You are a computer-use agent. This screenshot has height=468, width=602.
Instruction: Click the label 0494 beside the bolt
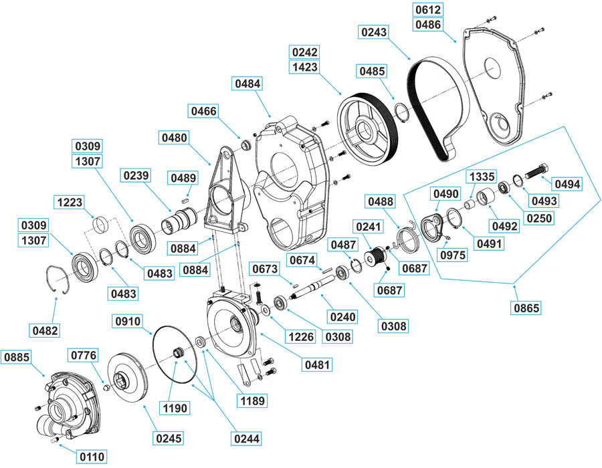click(x=565, y=184)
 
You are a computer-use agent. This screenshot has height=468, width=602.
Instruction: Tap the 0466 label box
click(x=203, y=111)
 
